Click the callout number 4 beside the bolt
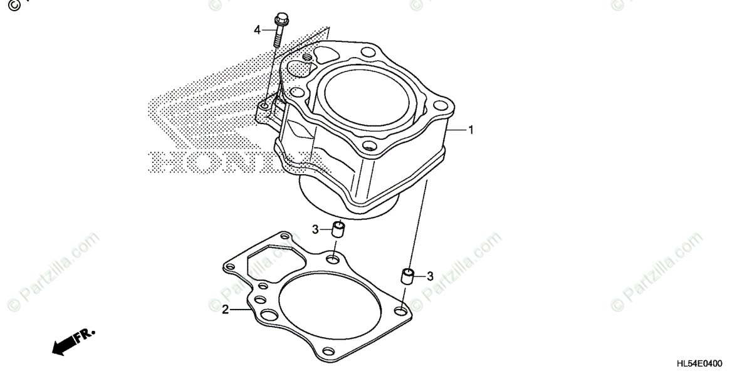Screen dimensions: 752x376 coord(257,29)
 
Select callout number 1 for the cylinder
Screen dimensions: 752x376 coord(471,130)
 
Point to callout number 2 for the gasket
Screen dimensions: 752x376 coord(224,309)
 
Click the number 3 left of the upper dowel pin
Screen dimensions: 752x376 coord(316,230)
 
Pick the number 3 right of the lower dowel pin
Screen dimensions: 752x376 coord(430,276)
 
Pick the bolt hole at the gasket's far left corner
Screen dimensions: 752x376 coord(230,267)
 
